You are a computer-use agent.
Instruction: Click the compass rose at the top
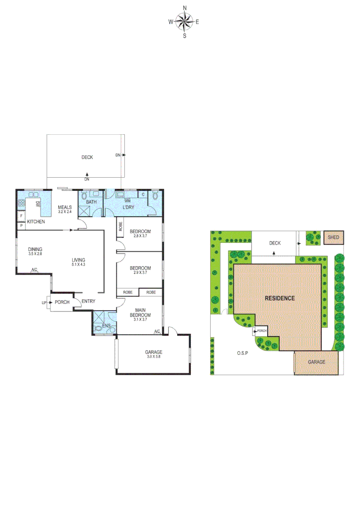pyautogui.click(x=184, y=21)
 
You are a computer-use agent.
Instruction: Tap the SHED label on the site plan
pyautogui.click(x=333, y=238)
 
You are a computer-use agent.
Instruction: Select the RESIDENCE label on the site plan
pyautogui.click(x=279, y=298)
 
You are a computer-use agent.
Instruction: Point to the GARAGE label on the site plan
pyautogui.click(x=317, y=362)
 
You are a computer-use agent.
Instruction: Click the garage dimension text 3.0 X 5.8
pyautogui.click(x=154, y=357)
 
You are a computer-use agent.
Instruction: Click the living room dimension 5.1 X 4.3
pyautogui.click(x=78, y=265)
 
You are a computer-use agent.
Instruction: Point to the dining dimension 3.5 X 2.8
pyautogui.click(x=35, y=254)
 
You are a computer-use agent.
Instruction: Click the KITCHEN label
pyautogui.click(x=36, y=221)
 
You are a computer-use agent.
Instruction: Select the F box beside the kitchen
pyautogui.click(x=21, y=216)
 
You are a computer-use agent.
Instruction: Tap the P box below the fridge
pyautogui.click(x=21, y=226)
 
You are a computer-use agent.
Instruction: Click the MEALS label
pyautogui.click(x=65, y=207)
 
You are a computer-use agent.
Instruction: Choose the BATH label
pyautogui.click(x=91, y=202)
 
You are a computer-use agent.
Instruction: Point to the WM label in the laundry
pyautogui.click(x=127, y=200)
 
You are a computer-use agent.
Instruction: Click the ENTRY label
pyautogui.click(x=89, y=302)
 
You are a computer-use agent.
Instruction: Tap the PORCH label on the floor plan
pyautogui.click(x=62, y=303)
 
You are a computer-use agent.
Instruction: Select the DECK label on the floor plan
pyautogui.click(x=87, y=157)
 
